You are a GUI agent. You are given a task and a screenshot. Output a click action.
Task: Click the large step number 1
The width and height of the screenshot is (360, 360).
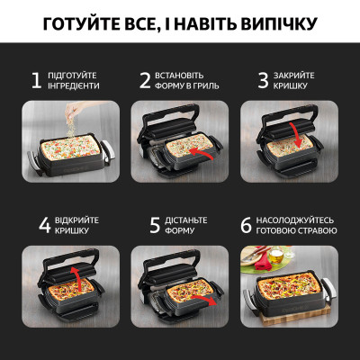tap(37, 80)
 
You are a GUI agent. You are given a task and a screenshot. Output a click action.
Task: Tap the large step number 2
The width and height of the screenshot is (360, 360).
tap(145, 80)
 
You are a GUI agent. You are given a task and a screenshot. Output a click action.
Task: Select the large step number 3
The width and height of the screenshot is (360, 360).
tap(264, 80)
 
